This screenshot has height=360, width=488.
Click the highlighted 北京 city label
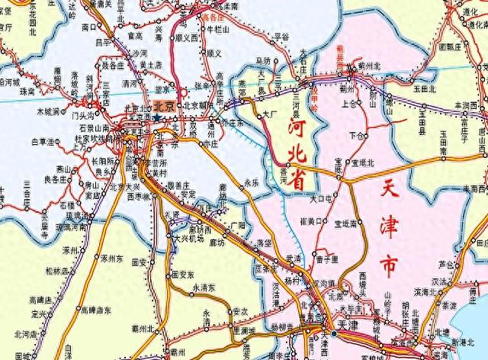point(165,108)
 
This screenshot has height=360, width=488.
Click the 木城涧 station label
point(50,112)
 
